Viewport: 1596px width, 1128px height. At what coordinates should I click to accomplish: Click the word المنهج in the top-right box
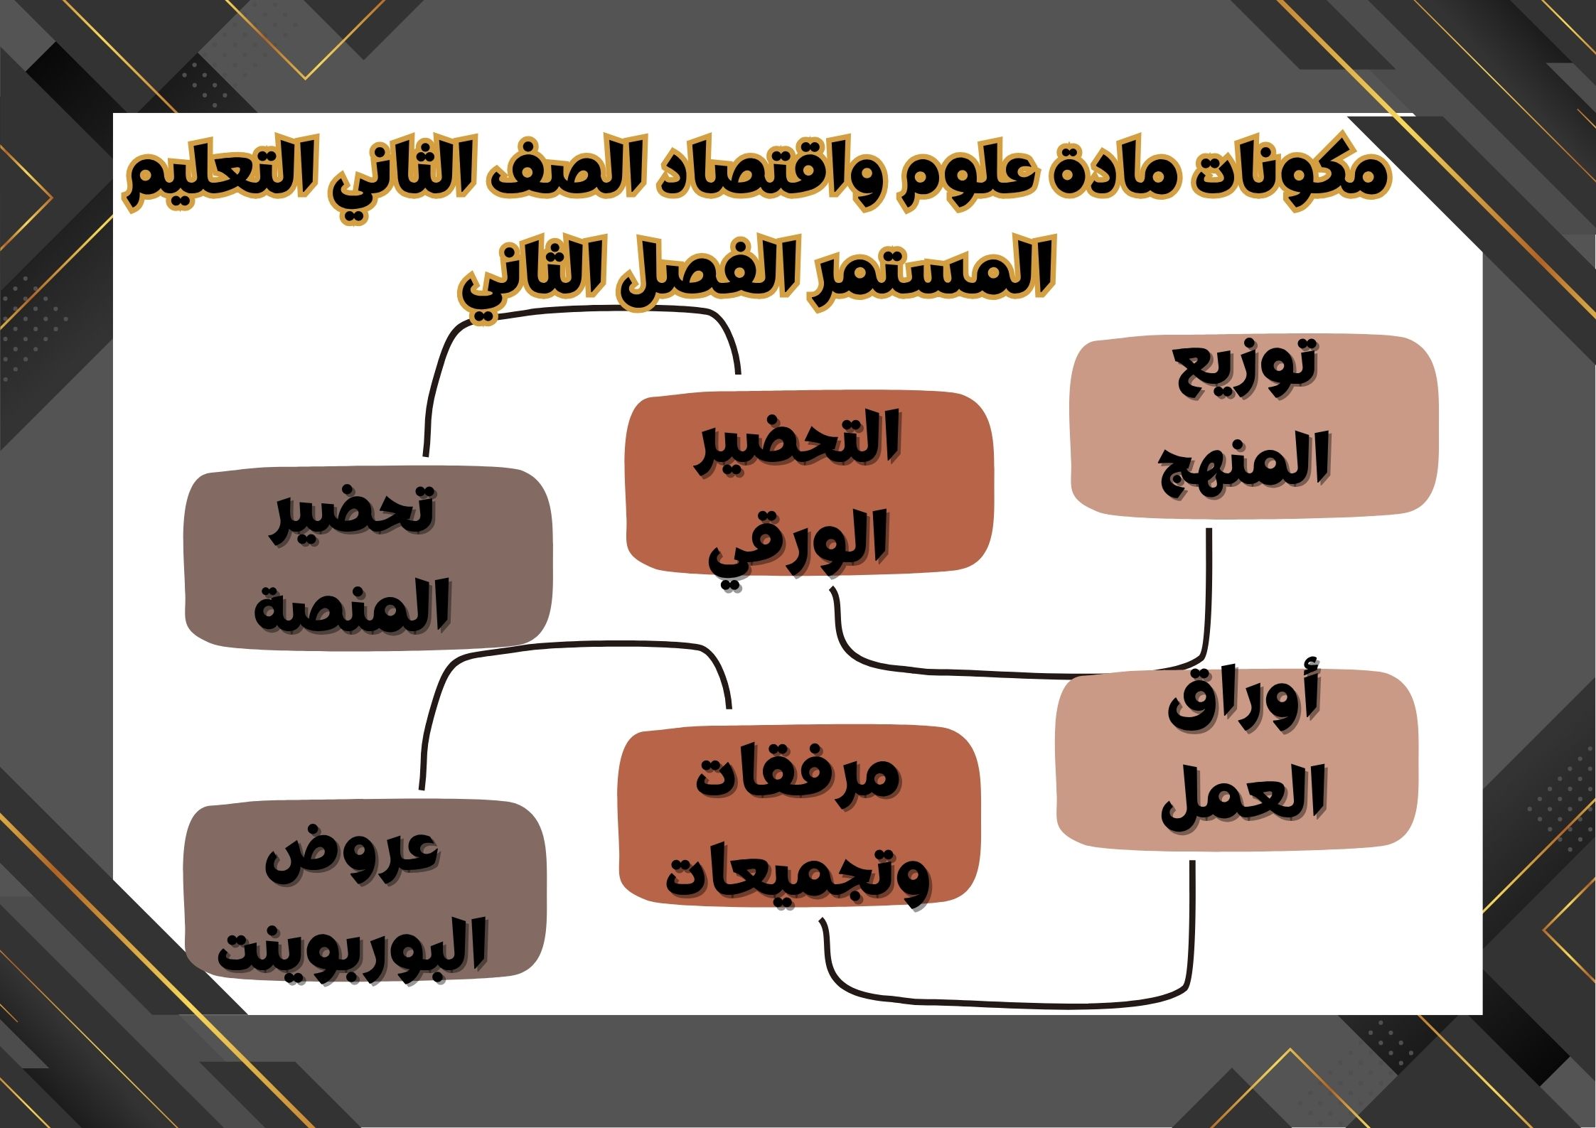(1244, 462)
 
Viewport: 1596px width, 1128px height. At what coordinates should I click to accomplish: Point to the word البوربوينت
(352, 945)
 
